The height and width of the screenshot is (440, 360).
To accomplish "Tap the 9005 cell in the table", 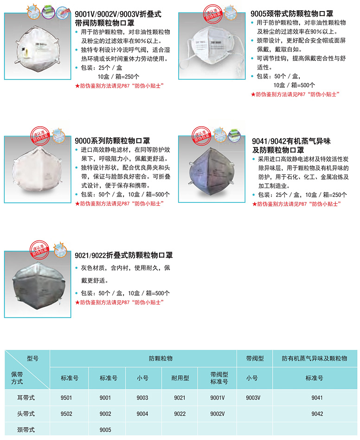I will tap(105, 430).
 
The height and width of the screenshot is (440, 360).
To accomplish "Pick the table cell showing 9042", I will tap(317, 414).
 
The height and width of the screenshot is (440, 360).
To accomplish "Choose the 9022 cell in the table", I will tap(180, 414).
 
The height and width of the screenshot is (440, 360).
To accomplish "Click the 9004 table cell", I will tap(143, 414).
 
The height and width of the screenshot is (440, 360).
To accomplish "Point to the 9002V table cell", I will tap(217, 414).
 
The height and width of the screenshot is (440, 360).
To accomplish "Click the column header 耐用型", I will tap(180, 378).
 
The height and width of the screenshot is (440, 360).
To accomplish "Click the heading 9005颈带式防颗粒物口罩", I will tap(292, 14).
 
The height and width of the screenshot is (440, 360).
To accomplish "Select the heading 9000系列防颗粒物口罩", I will tap(112, 141).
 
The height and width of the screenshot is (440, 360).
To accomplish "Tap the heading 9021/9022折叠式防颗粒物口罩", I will tap(124, 255).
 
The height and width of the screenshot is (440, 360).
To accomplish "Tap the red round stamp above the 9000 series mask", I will tap(39, 134).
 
